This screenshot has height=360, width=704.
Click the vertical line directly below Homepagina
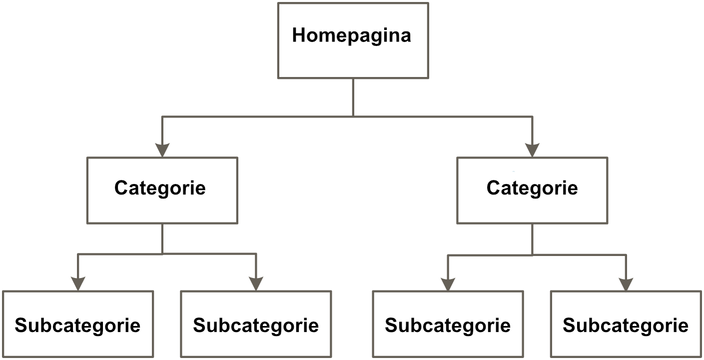353,97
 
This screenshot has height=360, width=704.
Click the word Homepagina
352,36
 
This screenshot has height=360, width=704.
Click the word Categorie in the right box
532,188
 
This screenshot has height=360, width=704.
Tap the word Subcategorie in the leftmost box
77,326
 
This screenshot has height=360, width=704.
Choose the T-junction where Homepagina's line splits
353,116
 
